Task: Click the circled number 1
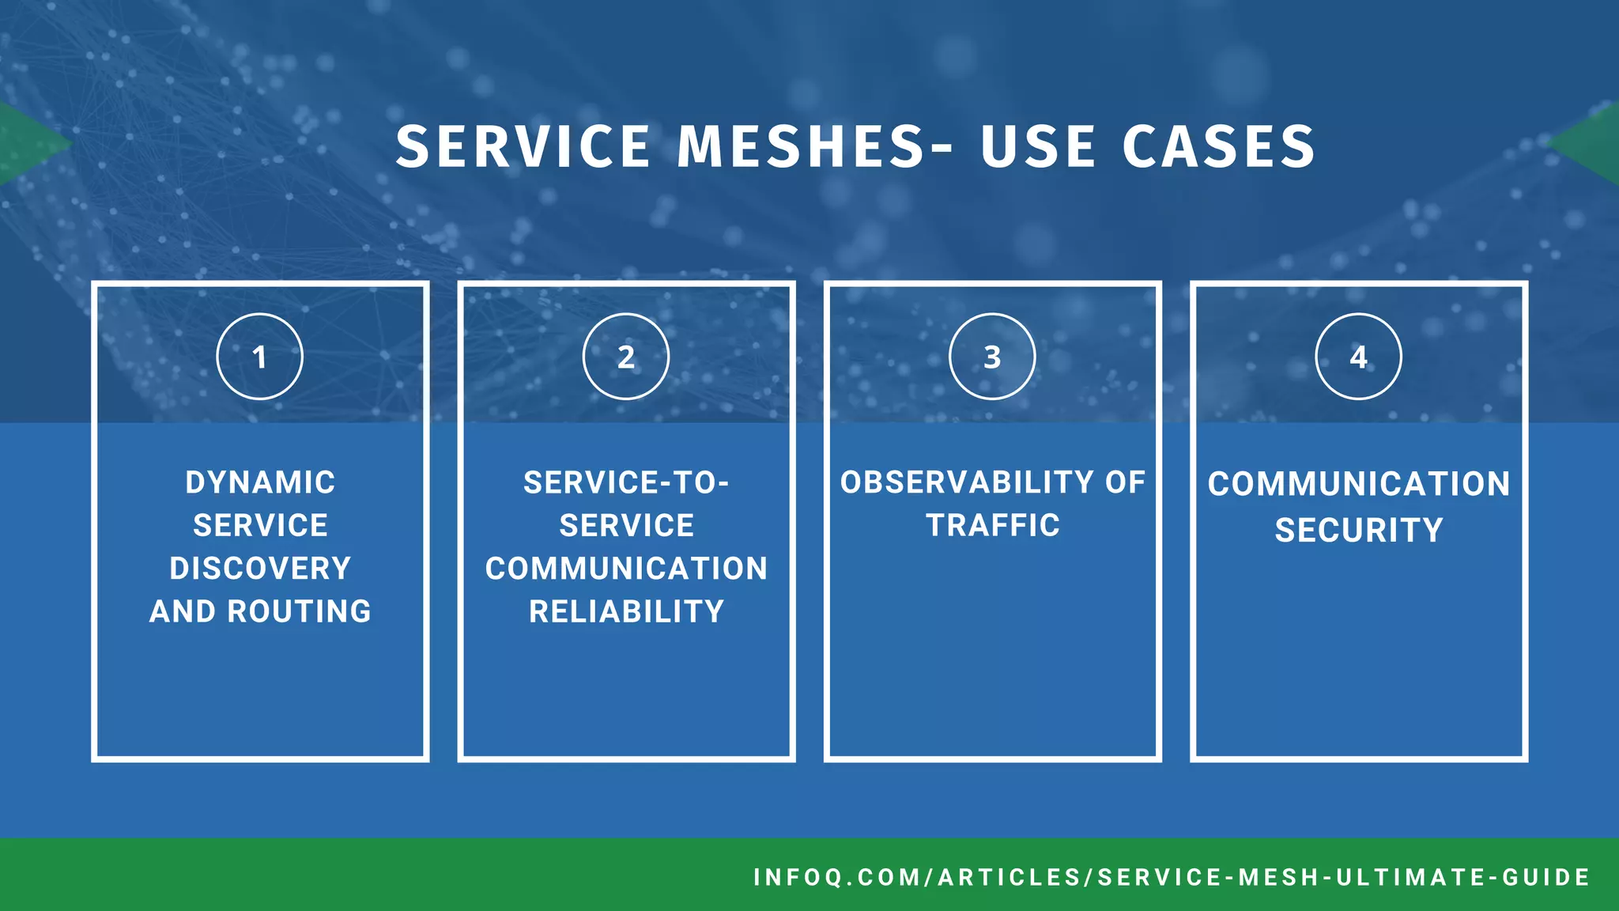(259, 357)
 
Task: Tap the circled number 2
(626, 357)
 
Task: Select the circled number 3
(992, 357)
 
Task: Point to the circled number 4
(1358, 357)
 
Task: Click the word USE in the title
(1038, 147)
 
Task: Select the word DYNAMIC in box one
(260, 482)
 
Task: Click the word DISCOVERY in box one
(260, 569)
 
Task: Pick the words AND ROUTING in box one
(260, 611)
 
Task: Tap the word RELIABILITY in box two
(626, 611)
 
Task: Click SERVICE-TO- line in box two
(626, 482)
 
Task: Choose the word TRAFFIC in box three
(993, 525)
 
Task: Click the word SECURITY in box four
(1358, 530)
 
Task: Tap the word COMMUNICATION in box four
(1358, 484)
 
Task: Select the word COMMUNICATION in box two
(626, 569)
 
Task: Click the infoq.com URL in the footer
(1172, 877)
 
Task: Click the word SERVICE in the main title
(523, 147)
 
